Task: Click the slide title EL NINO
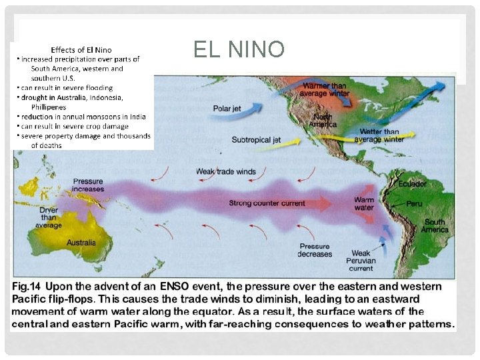click(239, 49)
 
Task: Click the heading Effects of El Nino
click(81, 49)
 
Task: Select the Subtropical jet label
click(257, 140)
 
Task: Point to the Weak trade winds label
click(226, 171)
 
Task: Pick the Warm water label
click(364, 203)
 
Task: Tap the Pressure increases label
click(88, 185)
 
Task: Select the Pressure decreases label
click(315, 250)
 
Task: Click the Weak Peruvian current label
click(361, 261)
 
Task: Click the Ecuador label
click(413, 183)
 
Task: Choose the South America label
click(435, 225)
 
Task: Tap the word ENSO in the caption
click(173, 286)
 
